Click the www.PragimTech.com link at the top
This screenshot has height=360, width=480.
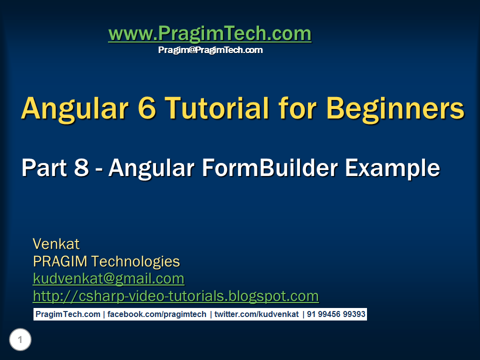click(x=210, y=33)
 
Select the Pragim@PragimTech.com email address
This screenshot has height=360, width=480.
click(x=210, y=50)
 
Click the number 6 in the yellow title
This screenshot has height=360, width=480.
click(x=147, y=108)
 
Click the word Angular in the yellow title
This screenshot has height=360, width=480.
click(x=74, y=109)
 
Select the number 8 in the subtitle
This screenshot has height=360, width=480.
click(x=81, y=168)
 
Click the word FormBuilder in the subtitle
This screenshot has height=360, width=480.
click(x=269, y=168)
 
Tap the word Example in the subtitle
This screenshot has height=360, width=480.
click(x=392, y=169)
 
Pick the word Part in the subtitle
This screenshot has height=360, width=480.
click(x=44, y=168)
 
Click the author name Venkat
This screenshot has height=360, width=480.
click(x=56, y=244)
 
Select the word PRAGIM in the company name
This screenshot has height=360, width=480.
click(x=60, y=261)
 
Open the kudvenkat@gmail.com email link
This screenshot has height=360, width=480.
click(x=108, y=279)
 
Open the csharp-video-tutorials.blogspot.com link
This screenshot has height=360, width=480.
click(x=175, y=296)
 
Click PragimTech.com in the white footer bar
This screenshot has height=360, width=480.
click(x=68, y=314)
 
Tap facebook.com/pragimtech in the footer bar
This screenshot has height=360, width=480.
click(x=156, y=314)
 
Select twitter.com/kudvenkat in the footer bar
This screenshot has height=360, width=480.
click(x=256, y=314)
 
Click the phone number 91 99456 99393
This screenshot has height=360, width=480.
click(x=336, y=314)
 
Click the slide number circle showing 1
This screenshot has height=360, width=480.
click(x=20, y=339)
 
